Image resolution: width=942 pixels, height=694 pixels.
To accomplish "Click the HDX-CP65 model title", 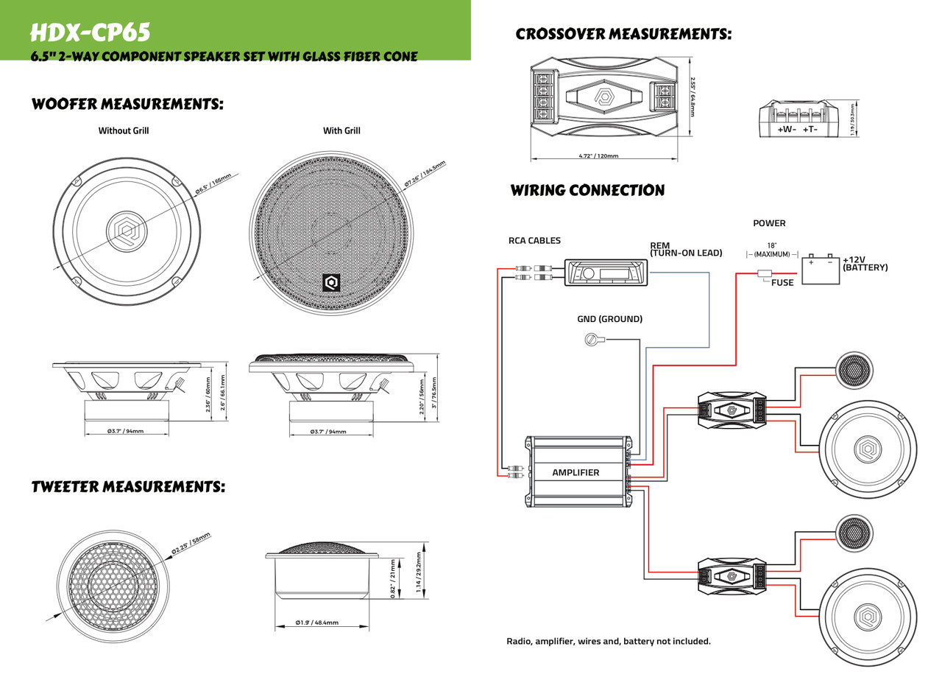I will click(x=90, y=32).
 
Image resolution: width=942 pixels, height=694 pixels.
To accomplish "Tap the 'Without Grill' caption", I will click(x=124, y=131).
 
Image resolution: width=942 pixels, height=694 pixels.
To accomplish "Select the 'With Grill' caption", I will click(x=341, y=131).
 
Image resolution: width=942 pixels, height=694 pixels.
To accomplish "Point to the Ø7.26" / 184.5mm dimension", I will click(x=425, y=174).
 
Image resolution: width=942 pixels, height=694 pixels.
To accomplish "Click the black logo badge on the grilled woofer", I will click(x=331, y=282).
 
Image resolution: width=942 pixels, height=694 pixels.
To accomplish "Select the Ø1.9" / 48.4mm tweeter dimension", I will click(x=316, y=623).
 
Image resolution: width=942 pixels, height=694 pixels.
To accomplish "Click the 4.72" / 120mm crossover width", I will click(x=598, y=156).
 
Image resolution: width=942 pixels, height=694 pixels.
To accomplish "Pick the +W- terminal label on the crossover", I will click(x=787, y=130).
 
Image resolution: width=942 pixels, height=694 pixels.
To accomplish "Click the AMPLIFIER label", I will click(x=576, y=472).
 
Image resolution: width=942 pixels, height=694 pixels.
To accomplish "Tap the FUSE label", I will click(x=782, y=282).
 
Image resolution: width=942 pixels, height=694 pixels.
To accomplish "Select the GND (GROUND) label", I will click(x=609, y=319).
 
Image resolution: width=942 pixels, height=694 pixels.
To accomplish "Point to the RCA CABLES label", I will click(x=534, y=240).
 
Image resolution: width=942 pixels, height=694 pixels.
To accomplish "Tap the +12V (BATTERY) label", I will click(x=865, y=264).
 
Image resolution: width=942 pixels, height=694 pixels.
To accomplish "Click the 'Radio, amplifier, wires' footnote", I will click(x=609, y=641).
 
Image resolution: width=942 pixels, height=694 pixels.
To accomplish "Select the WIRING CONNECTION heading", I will click(x=587, y=191).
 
